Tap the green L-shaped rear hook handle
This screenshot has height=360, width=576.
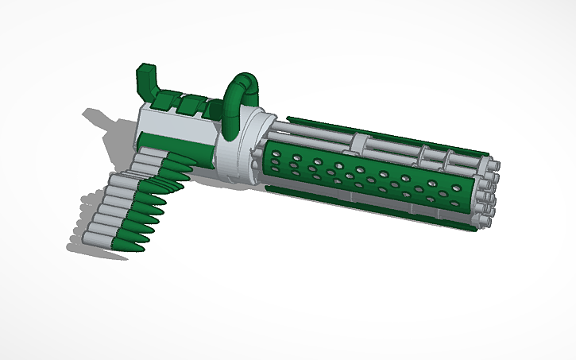(x=147, y=80)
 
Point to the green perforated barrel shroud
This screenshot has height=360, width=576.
(x=365, y=179)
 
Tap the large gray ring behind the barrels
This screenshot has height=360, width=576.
(x=238, y=147)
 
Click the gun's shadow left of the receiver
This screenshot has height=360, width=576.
(x=107, y=127)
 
